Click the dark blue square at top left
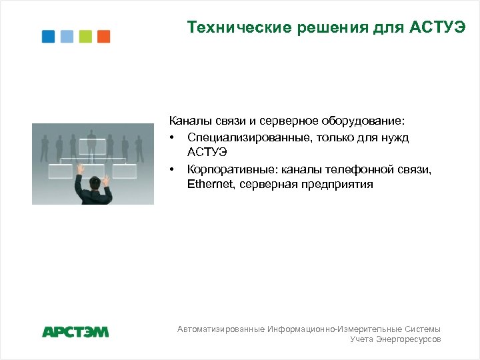49,37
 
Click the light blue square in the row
67,37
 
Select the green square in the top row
85,37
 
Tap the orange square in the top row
103,37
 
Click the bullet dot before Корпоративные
172,169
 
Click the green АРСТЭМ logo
75,331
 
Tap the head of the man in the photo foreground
96,180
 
